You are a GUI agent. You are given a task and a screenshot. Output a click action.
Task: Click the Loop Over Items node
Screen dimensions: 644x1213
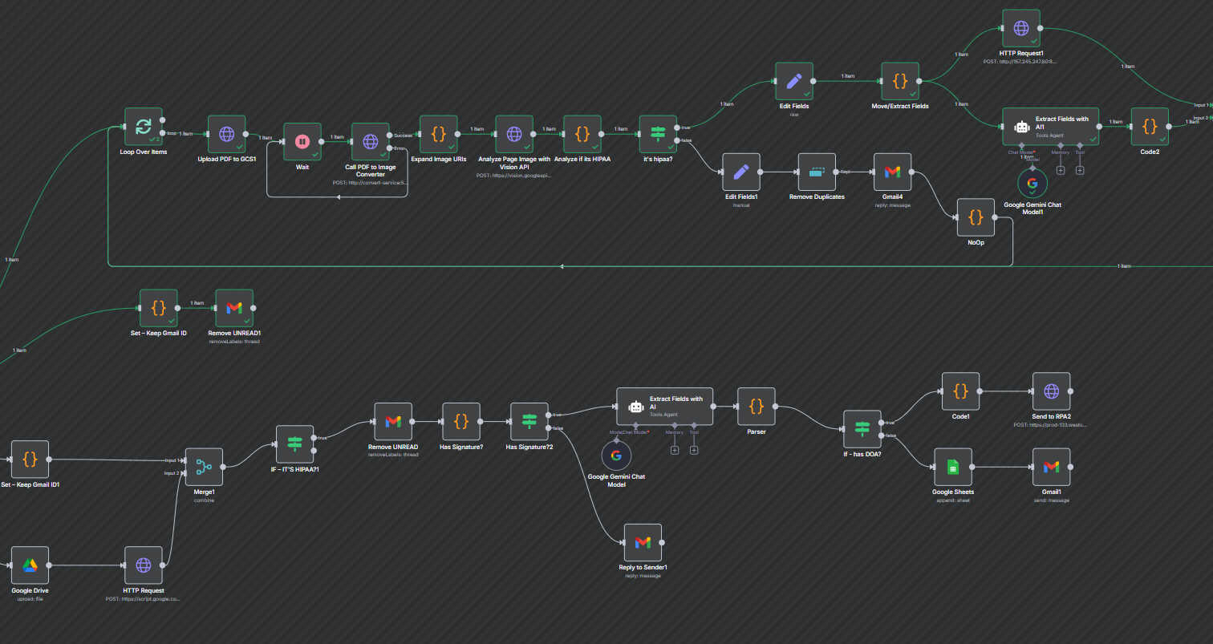(x=144, y=127)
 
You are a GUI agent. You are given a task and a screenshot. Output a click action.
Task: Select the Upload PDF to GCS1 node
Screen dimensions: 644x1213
(x=227, y=135)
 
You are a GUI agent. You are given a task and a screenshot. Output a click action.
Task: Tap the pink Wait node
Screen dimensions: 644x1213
(x=302, y=142)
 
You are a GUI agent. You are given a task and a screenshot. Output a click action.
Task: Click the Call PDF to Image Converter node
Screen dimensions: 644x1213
(x=371, y=142)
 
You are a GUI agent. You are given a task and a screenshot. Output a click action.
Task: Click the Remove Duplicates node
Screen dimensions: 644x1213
(x=817, y=172)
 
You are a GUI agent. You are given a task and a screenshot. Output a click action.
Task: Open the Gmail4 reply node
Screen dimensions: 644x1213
(x=893, y=172)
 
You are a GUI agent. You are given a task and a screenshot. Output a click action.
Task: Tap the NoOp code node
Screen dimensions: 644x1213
(x=976, y=217)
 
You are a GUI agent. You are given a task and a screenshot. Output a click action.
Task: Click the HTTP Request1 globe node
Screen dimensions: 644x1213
(x=1021, y=29)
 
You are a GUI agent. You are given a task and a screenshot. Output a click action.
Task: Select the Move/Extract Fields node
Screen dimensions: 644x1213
(x=900, y=81)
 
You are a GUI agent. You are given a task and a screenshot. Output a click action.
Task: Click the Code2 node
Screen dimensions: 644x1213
(x=1150, y=127)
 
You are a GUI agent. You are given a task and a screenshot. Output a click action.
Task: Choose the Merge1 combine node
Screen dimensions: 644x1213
(x=204, y=467)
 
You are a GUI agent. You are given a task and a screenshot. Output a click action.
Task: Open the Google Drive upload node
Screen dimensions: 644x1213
(x=30, y=565)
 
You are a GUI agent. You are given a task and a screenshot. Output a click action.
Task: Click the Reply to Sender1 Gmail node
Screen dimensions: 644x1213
(x=643, y=543)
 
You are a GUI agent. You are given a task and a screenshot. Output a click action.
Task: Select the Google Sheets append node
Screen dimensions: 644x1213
(x=952, y=467)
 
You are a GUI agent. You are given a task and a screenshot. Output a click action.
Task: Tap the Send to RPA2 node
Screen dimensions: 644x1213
(x=1051, y=391)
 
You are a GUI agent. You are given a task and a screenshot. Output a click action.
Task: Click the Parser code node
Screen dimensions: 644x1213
(x=756, y=407)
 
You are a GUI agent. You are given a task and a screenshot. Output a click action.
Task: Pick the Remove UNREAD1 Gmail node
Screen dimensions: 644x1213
(x=234, y=309)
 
